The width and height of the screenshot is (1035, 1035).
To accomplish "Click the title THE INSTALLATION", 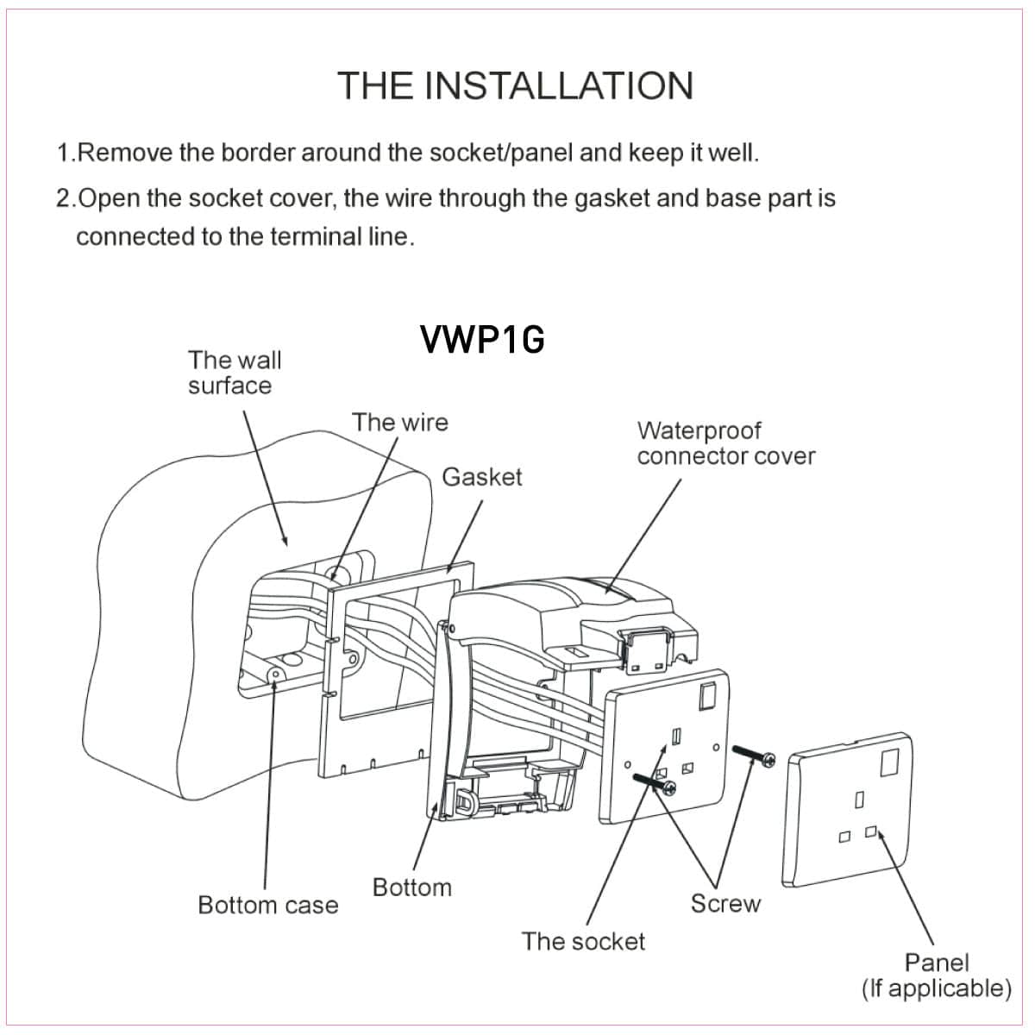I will pos(515,85).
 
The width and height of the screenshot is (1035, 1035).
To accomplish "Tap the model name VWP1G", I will pos(482,340).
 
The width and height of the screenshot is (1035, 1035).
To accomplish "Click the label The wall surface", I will pos(235,373).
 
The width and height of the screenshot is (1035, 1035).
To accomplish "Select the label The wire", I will pos(399,423).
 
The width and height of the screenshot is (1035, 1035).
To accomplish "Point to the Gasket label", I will pos(481,477).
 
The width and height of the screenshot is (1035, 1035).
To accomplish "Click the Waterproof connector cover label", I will pos(725,443).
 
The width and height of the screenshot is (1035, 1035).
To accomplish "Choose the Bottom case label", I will pos(267,905).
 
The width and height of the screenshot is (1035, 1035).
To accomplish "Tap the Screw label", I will pos(725,903).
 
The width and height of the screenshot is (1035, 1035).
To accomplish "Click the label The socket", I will pos(582,941).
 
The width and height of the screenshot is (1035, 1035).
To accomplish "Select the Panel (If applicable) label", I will pos(936,975).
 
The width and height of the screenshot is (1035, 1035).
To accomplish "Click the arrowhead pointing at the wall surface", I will pos(285,540).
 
